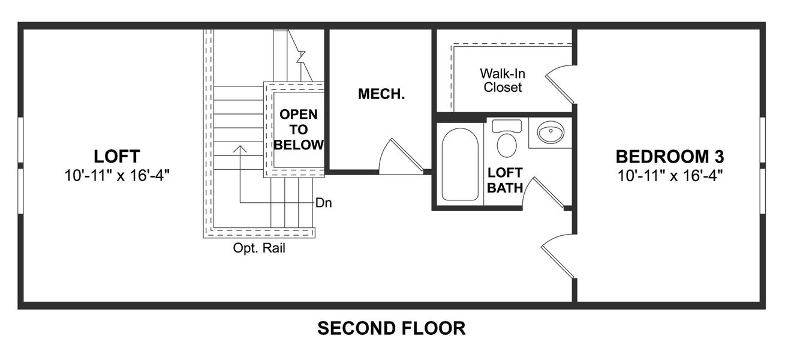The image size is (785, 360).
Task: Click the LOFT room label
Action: click(117, 157)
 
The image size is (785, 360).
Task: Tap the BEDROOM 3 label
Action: click(670, 157)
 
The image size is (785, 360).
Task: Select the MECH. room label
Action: click(381, 94)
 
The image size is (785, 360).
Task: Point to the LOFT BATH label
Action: click(504, 180)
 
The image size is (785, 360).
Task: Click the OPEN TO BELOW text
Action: click(299, 129)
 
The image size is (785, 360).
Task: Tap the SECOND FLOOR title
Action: click(391, 328)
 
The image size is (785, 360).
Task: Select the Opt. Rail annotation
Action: click(259, 248)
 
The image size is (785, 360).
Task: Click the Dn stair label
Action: click(324, 203)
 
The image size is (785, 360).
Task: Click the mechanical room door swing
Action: click(401, 157)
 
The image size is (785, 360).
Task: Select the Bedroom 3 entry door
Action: click(558, 255)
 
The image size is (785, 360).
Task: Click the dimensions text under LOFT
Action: click(117, 176)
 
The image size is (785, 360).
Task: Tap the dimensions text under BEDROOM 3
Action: click(670, 176)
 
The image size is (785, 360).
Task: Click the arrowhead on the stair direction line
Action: click(240, 148)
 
